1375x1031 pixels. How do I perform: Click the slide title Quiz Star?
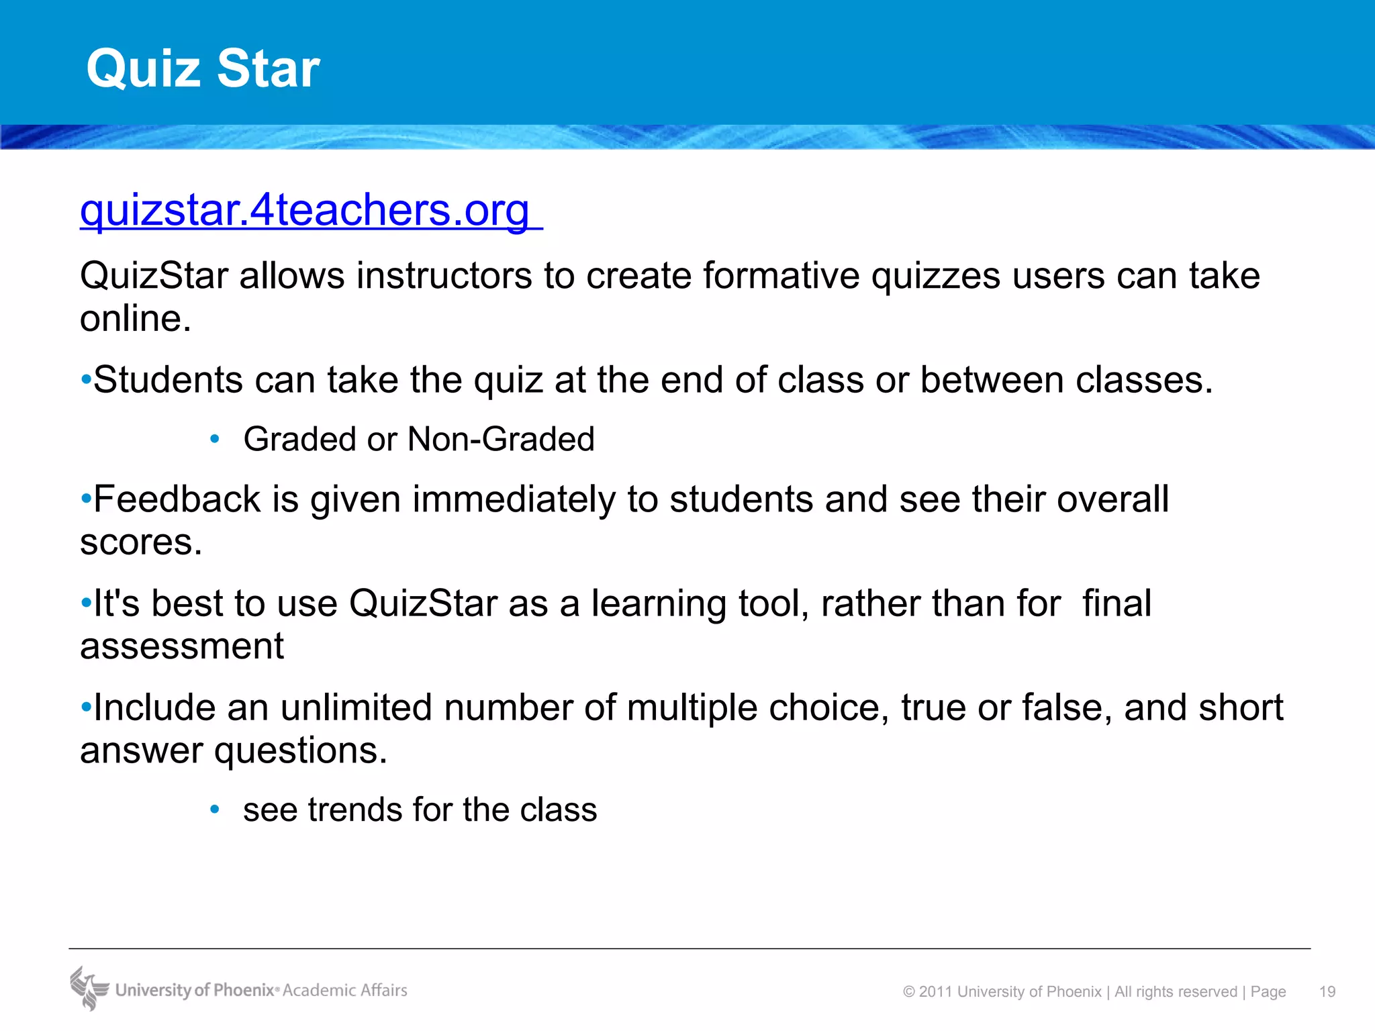coord(203,68)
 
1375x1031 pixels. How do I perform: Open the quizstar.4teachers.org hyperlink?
coord(305,211)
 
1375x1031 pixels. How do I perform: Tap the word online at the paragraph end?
coord(134,319)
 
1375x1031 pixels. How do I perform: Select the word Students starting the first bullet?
coord(168,380)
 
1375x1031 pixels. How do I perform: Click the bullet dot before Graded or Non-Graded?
coord(215,440)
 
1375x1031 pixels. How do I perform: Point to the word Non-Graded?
coord(501,440)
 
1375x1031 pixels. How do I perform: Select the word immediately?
coord(513,499)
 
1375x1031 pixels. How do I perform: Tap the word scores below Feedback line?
coord(140,542)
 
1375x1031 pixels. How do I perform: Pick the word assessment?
coord(181,646)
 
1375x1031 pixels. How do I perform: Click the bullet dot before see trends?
coord(215,810)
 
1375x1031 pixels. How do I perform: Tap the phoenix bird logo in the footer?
coord(89,988)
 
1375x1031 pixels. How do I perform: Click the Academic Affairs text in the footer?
coord(344,991)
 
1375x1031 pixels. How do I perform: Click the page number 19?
coord(1327,992)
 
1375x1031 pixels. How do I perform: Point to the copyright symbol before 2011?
coord(909,992)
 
